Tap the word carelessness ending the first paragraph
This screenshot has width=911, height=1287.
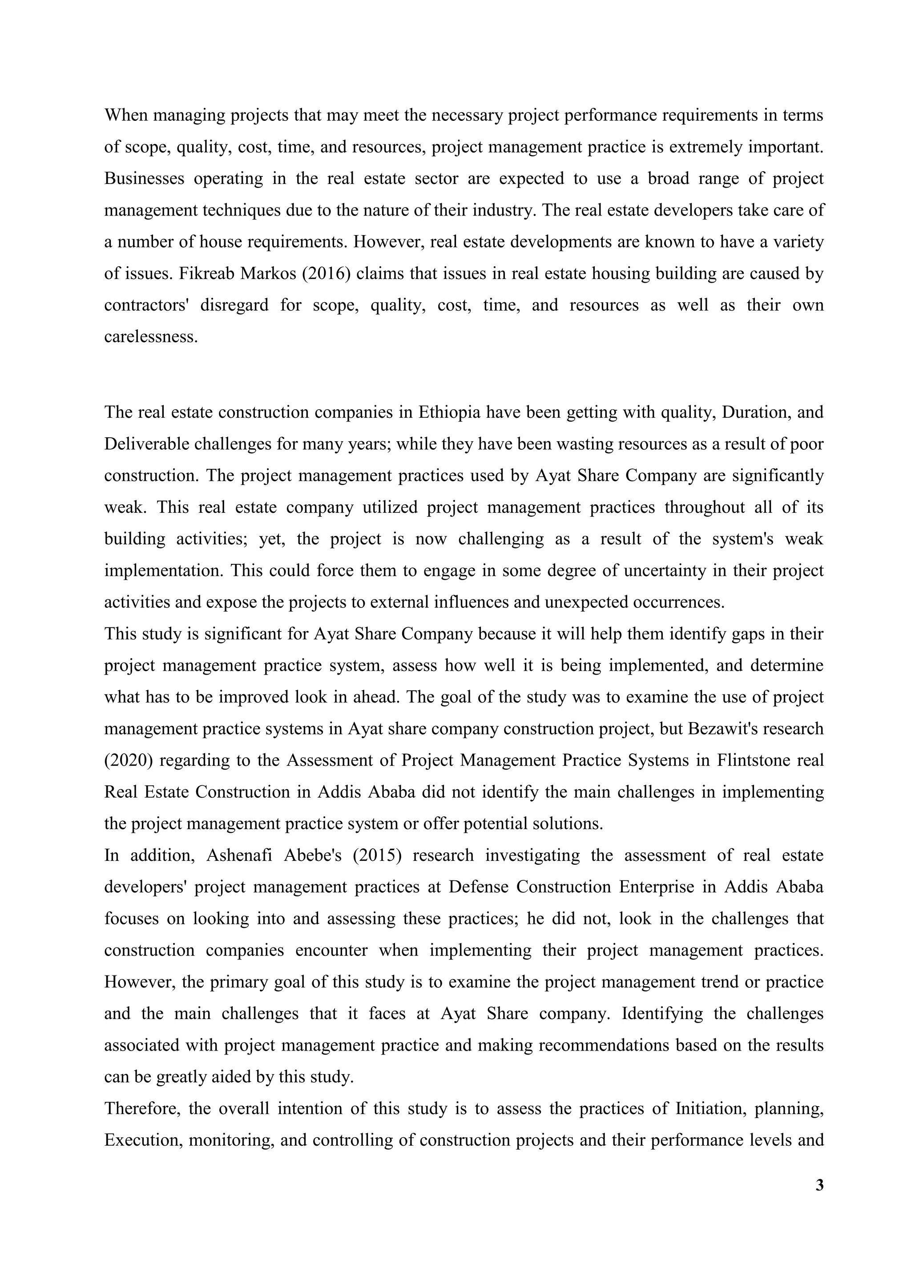click(x=151, y=337)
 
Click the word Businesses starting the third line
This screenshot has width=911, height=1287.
click(x=144, y=178)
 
